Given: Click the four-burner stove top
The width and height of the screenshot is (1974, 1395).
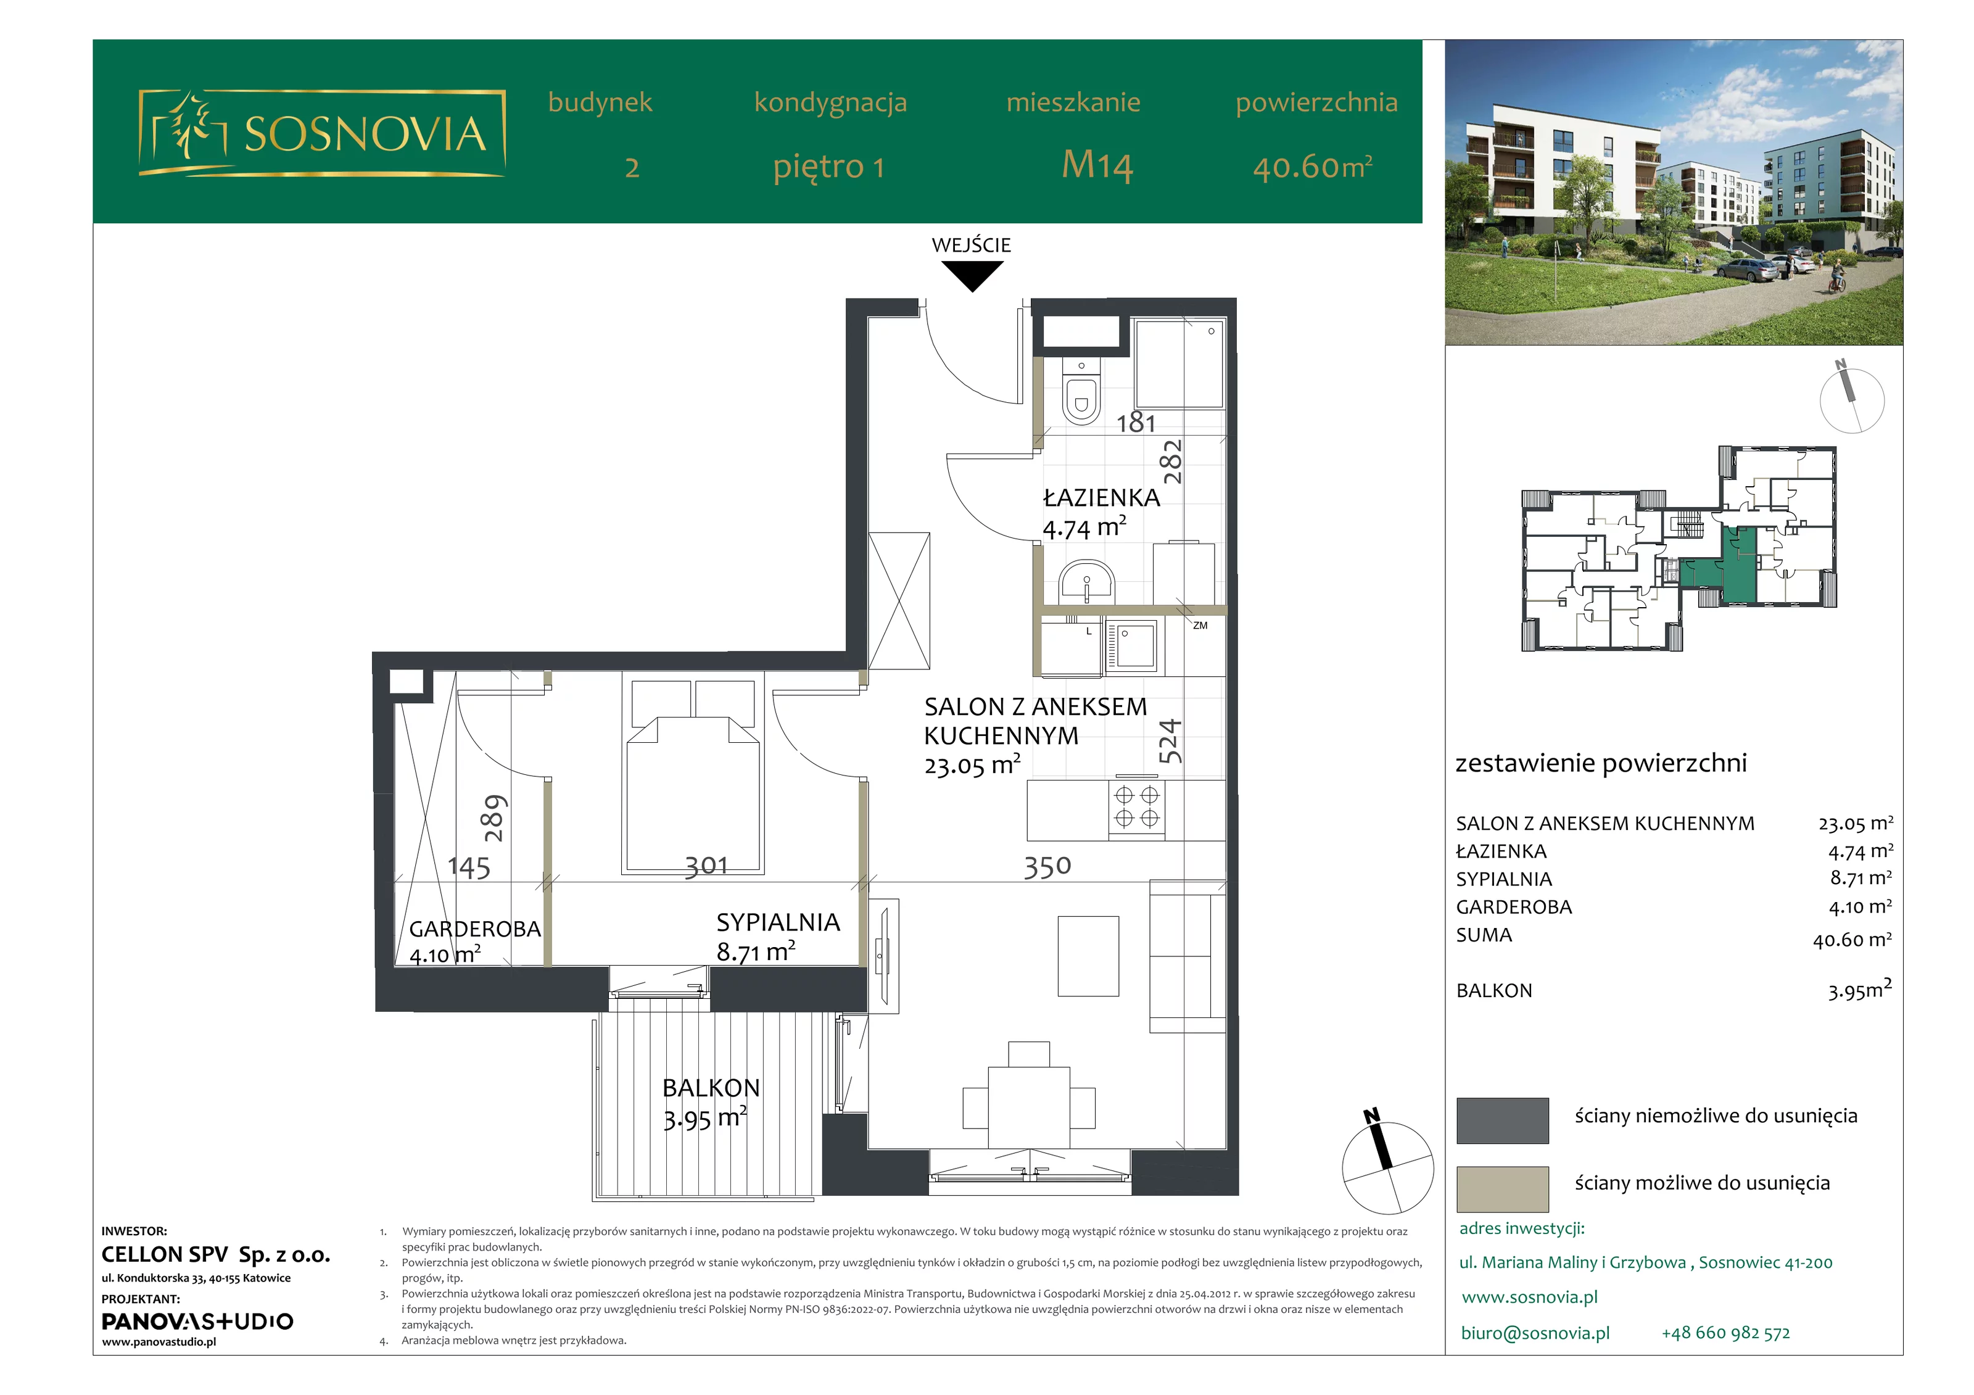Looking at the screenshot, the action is (1137, 807).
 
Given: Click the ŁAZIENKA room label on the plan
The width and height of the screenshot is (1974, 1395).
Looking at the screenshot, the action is (1101, 498).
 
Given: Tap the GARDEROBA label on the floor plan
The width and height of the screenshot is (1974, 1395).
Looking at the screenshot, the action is (474, 929).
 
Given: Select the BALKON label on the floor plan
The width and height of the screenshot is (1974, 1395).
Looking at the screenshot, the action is (711, 1088).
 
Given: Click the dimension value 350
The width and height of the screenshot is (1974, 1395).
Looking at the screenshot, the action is (1047, 866).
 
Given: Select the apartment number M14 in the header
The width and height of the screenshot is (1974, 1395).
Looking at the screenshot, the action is (1098, 165).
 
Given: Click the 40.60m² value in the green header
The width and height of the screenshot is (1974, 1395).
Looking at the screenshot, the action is (1313, 166).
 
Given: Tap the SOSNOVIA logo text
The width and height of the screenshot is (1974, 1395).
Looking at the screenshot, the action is (365, 134).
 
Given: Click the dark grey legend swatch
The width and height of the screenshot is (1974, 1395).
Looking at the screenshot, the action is (1502, 1120).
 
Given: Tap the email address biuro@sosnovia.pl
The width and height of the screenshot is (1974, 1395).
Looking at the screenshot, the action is (1535, 1333).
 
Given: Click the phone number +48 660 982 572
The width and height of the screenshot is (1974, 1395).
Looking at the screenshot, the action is (1725, 1333).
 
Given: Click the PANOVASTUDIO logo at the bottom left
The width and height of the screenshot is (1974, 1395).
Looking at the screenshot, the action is (197, 1321).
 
